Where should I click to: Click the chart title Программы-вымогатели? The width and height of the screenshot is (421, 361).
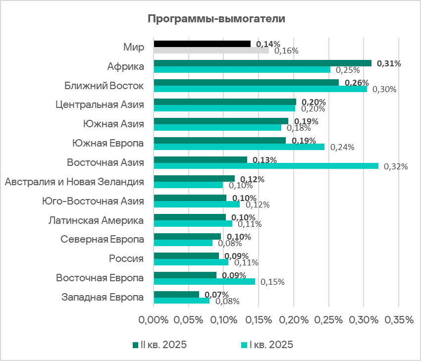coord(217,19)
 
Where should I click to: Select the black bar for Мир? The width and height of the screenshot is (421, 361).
coord(202,44)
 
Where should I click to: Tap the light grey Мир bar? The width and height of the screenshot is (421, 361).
coord(211,50)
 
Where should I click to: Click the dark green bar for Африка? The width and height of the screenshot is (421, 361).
coord(263,63)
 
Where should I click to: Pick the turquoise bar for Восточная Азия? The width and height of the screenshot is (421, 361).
coord(266,166)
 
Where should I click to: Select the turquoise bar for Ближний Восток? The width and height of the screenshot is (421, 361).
coord(261,89)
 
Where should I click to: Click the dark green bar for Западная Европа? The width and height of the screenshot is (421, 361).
coord(176,294)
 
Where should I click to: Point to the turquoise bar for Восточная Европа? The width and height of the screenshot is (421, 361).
coord(204,281)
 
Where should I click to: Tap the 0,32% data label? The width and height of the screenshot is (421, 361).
coord(396,166)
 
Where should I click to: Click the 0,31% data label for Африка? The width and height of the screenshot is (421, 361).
coord(389,63)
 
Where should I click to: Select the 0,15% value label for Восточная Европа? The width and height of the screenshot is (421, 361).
coord(272,282)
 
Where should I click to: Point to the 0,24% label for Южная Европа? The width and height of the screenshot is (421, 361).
coord(342,147)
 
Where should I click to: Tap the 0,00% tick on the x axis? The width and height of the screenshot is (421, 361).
coord(154,320)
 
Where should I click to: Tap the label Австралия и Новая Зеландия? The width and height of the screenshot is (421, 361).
coord(74,182)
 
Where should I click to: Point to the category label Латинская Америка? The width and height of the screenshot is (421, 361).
coord(96,220)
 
